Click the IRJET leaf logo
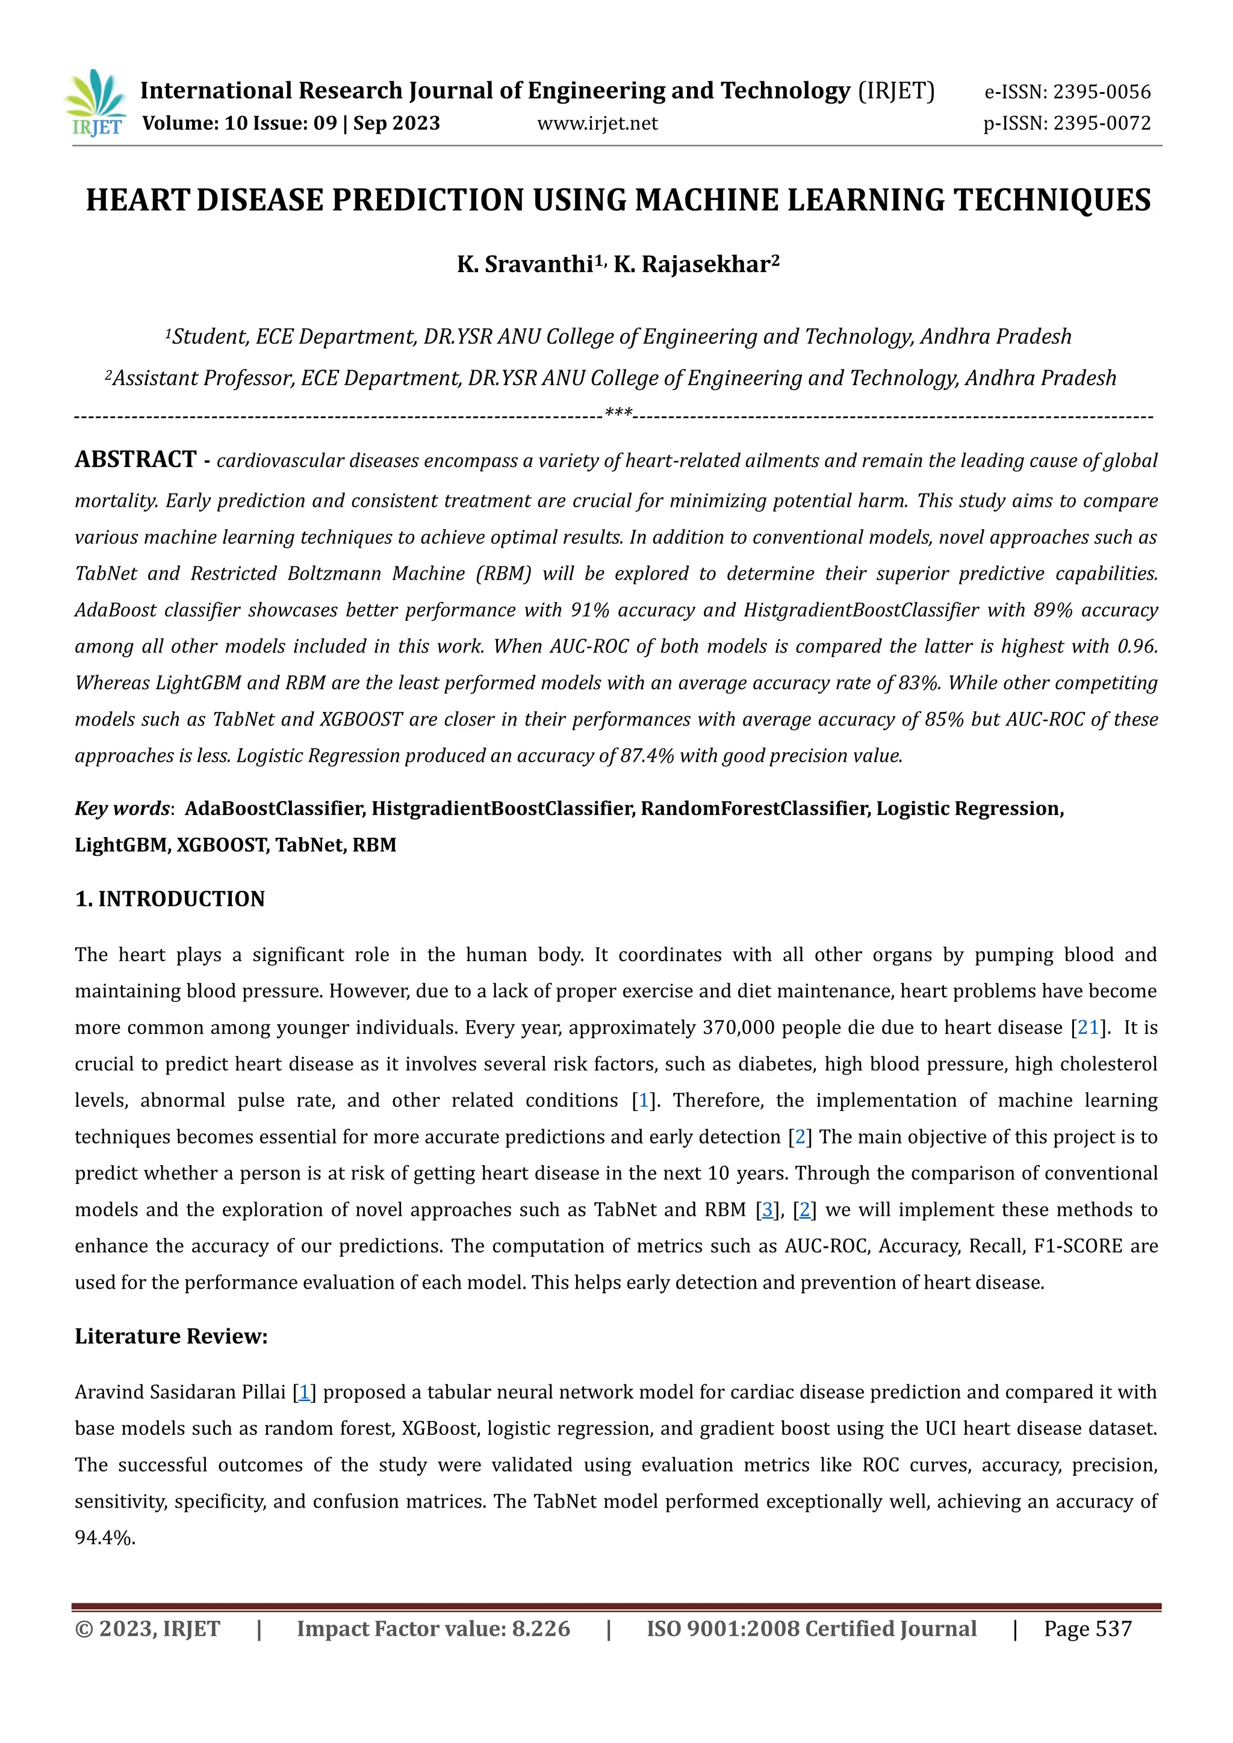[96, 102]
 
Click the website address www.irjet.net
[597, 123]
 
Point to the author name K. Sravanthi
[524, 264]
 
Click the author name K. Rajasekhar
[692, 264]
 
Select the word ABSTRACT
[135, 459]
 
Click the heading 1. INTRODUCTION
[169, 899]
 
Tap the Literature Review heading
[171, 1336]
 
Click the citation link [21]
[1088, 1027]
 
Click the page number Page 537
[1087, 1629]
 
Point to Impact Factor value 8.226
[433, 1629]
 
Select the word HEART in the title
[137, 200]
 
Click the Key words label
[122, 808]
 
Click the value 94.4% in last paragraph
[104, 1537]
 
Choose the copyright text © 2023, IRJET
[148, 1629]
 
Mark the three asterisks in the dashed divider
[618, 413]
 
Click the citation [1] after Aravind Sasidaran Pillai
[303, 1392]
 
